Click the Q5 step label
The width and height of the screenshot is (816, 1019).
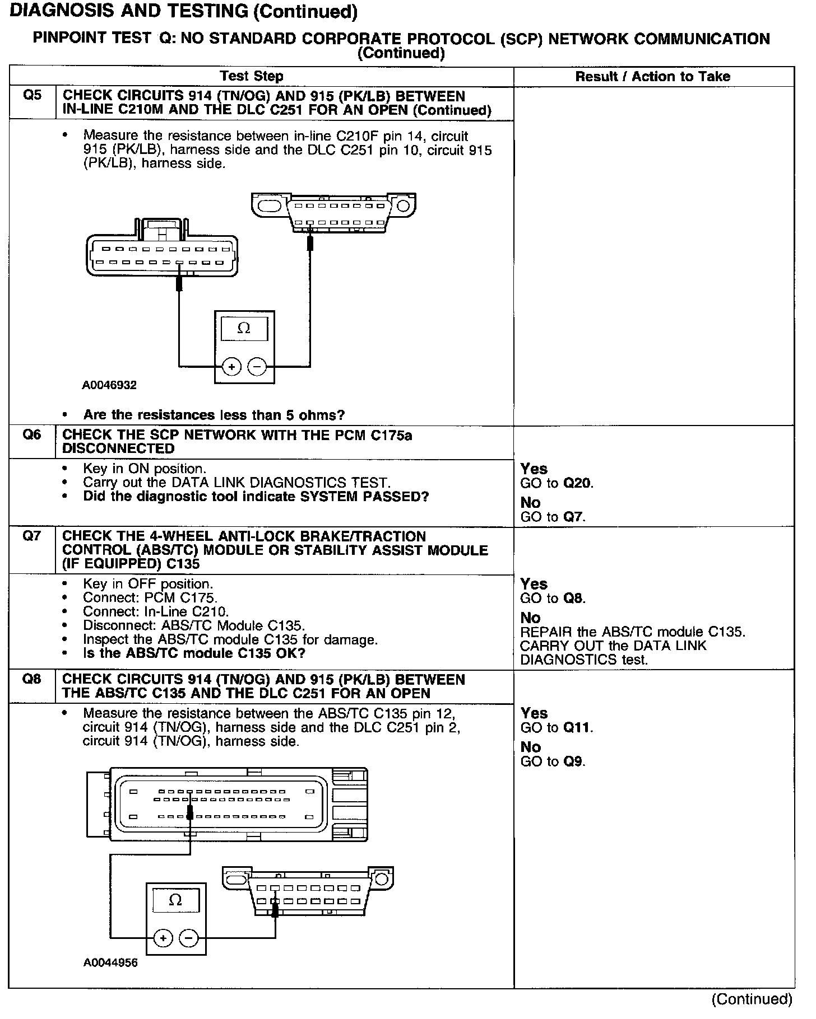(32, 96)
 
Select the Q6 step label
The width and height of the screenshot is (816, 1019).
(32, 435)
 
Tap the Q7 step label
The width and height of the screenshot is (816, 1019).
(32, 536)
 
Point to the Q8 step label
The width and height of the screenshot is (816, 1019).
(32, 679)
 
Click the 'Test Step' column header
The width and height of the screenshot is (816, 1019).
(252, 76)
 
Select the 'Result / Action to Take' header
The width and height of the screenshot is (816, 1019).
(653, 77)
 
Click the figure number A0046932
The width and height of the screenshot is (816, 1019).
(109, 385)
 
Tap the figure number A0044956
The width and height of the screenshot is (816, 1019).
(110, 964)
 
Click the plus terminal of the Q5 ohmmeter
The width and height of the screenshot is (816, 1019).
(231, 367)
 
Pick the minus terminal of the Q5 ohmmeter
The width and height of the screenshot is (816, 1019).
(257, 367)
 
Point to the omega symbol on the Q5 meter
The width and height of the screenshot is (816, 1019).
(244, 329)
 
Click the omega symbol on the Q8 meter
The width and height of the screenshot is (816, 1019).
(175, 900)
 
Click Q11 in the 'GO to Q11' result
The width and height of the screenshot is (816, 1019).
(577, 727)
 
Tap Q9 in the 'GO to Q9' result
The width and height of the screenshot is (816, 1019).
(574, 761)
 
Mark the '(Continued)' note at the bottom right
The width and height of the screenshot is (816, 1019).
(752, 999)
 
